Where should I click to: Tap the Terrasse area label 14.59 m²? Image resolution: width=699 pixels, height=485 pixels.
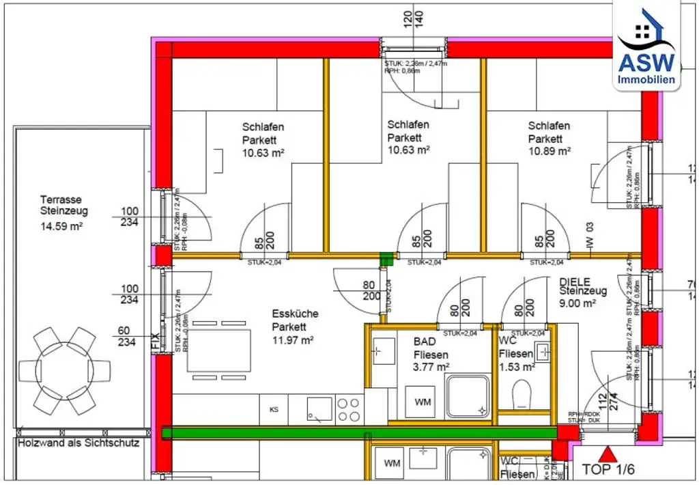(x=61, y=225)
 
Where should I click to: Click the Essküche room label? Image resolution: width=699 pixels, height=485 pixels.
(x=295, y=314)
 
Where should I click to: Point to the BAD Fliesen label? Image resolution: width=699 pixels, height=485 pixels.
(x=431, y=348)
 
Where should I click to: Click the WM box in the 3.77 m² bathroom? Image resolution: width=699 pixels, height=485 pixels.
(x=423, y=402)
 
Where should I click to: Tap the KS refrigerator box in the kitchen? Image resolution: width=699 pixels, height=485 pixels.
(x=274, y=410)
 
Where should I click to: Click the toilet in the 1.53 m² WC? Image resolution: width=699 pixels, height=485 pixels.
(x=523, y=395)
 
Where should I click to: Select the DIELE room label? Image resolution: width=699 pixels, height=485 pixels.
(x=574, y=281)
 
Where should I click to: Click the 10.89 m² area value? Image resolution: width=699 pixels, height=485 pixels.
(x=549, y=152)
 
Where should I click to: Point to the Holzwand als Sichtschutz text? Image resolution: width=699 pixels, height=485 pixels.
(x=79, y=443)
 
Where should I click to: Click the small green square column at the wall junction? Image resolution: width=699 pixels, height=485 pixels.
(x=386, y=258)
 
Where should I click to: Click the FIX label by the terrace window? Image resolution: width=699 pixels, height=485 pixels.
(x=155, y=340)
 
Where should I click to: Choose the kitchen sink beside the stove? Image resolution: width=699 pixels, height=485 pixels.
(x=319, y=408)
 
